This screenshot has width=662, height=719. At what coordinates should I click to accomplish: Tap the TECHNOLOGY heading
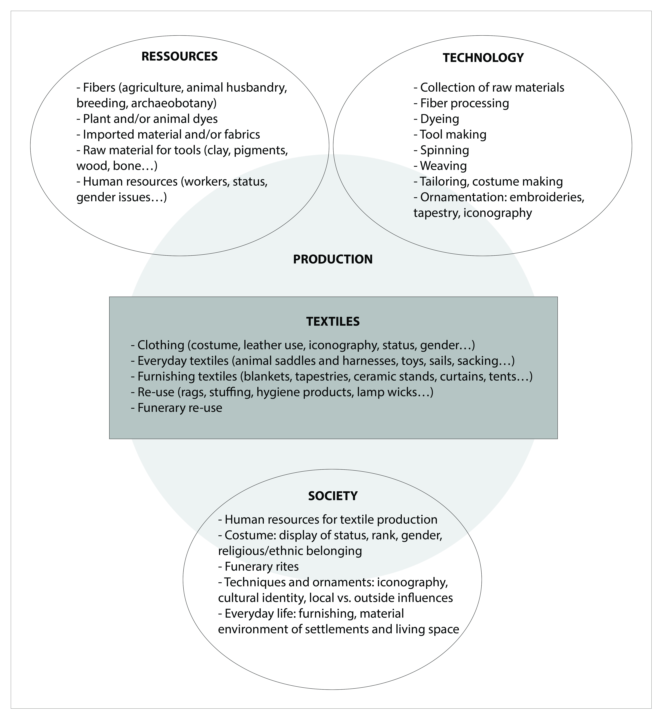pyautogui.click(x=483, y=58)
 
